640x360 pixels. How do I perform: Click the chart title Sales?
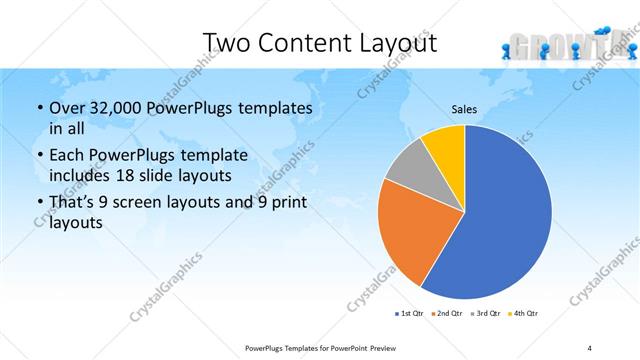(464, 109)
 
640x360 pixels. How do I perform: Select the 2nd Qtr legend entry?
(446, 314)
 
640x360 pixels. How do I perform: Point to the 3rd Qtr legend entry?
(485, 314)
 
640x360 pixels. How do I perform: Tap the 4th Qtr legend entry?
(523, 314)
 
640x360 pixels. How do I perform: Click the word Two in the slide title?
(226, 43)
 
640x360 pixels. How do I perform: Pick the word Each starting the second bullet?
(65, 155)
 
